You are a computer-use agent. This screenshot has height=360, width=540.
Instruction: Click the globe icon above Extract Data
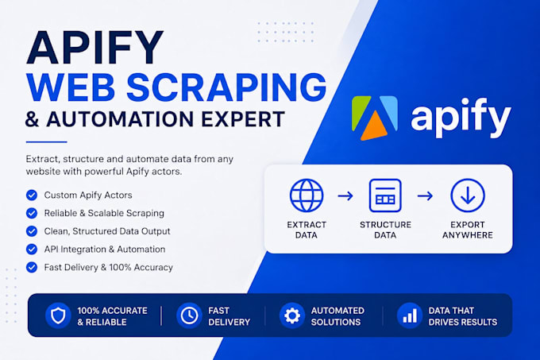click(x=307, y=195)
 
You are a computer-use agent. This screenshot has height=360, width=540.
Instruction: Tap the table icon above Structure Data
click(x=385, y=195)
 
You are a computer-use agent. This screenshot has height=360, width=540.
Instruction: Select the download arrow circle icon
click(x=468, y=195)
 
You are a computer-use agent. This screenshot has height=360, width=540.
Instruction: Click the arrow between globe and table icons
click(x=345, y=196)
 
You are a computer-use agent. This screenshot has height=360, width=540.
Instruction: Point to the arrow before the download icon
click(x=425, y=196)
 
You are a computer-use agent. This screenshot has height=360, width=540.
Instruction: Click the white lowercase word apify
click(x=461, y=117)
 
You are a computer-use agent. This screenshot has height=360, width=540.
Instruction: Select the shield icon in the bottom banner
click(x=58, y=315)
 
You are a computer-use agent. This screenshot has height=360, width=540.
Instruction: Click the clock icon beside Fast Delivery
click(x=189, y=315)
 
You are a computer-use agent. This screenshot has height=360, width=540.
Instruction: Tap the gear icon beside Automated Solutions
click(x=292, y=315)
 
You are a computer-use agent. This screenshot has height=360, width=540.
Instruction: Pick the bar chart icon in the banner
click(x=410, y=315)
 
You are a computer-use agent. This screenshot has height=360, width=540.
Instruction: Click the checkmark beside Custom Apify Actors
click(x=32, y=195)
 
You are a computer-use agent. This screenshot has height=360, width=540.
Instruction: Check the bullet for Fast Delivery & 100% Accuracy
click(x=32, y=267)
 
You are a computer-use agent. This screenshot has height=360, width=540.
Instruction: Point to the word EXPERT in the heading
click(x=243, y=119)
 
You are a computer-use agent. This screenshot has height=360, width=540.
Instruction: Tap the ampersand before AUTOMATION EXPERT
click(x=32, y=119)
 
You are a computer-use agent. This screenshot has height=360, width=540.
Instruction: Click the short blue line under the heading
click(x=47, y=141)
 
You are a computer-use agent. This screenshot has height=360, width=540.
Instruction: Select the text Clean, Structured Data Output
click(x=107, y=231)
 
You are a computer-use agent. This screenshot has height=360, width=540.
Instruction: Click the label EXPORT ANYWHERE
click(x=467, y=230)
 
